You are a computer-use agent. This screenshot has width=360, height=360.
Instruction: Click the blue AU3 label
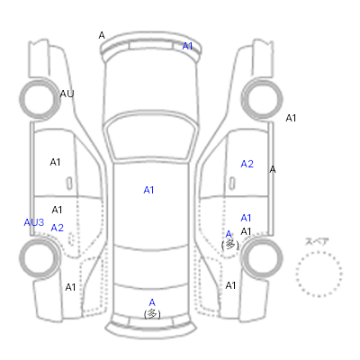(x=34, y=222)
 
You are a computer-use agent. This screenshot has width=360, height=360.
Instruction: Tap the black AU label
(x=67, y=94)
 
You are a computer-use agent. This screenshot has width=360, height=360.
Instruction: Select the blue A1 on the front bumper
(x=187, y=46)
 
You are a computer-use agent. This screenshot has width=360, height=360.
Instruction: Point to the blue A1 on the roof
(x=148, y=190)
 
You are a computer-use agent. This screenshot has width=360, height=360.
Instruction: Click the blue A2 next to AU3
(x=58, y=228)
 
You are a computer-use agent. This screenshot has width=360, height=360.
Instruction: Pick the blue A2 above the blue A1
(x=247, y=164)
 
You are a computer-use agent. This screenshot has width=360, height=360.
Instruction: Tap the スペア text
(x=317, y=241)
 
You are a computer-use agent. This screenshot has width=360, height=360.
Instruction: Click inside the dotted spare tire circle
(x=319, y=274)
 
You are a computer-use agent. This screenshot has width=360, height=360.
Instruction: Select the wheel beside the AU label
(x=40, y=99)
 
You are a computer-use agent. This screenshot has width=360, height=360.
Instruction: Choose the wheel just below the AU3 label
(x=40, y=258)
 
